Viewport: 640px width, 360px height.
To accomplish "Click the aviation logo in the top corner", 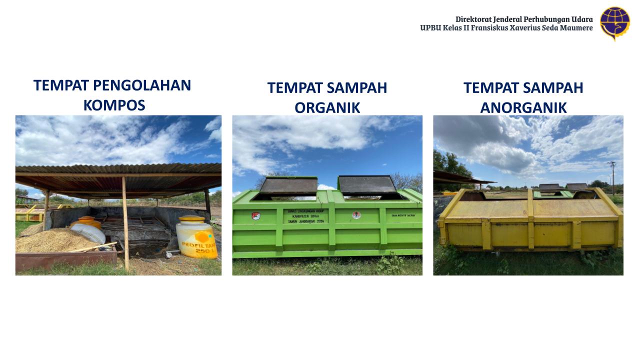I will tap(615, 23).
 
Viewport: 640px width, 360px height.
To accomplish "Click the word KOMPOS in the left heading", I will tap(114, 105).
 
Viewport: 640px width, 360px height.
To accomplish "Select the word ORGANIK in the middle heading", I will tap(327, 107).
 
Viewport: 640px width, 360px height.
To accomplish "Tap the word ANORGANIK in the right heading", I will tap(523, 107).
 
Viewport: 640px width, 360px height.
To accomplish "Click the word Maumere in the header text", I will tap(575, 28).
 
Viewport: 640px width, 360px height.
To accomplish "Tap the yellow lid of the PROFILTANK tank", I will tap(191, 219).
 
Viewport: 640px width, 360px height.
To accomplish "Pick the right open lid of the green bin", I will tap(367, 184).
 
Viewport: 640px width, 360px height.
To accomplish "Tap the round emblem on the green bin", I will tap(356, 215).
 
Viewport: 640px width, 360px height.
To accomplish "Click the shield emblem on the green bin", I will tap(256, 216).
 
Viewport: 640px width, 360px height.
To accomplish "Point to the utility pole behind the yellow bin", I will tap(612, 175).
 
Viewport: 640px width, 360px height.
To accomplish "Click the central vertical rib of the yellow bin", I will tap(530, 220).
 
